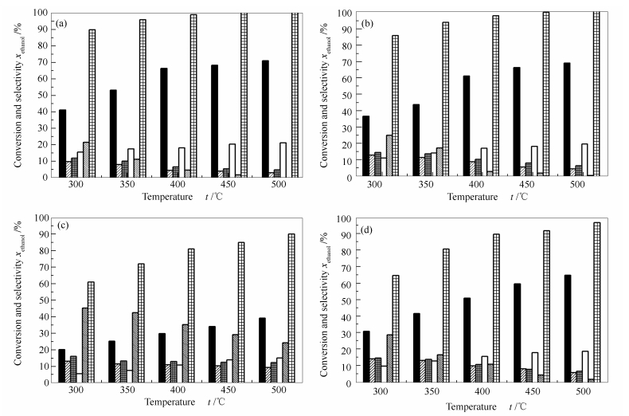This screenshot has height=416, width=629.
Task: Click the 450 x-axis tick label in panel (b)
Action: click(528, 184)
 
